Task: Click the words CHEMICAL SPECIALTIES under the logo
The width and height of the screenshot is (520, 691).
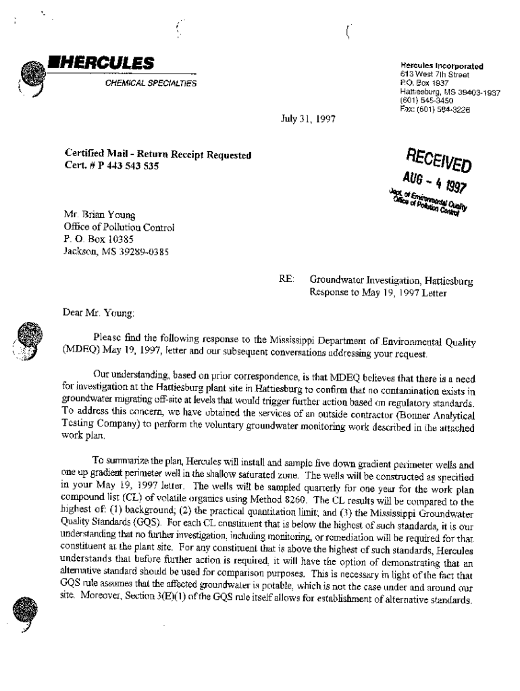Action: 151,84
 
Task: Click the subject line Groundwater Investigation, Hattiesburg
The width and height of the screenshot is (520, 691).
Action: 391,278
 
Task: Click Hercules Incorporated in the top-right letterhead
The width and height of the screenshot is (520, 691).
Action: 442,66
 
